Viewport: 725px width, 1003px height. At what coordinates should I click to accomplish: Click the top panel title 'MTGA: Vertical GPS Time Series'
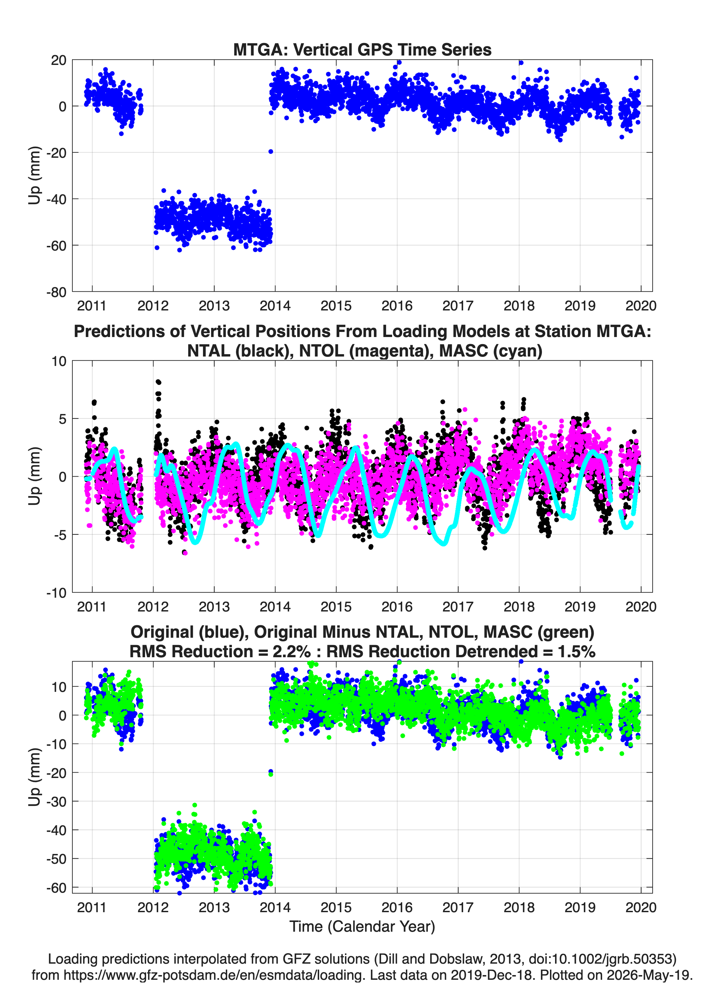(x=362, y=49)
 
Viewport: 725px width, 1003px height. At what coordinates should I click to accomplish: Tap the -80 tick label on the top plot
(x=56, y=292)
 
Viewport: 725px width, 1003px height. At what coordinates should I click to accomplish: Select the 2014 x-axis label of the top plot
(x=275, y=306)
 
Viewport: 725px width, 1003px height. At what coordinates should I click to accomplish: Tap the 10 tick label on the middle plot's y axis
(x=59, y=361)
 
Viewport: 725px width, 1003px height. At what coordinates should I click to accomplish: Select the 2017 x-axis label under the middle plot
(x=458, y=607)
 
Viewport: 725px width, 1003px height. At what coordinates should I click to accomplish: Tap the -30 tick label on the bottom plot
(x=56, y=801)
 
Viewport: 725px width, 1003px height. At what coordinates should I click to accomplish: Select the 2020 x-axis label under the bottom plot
(x=641, y=907)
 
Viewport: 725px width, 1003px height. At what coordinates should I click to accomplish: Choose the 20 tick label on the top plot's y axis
(x=59, y=60)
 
